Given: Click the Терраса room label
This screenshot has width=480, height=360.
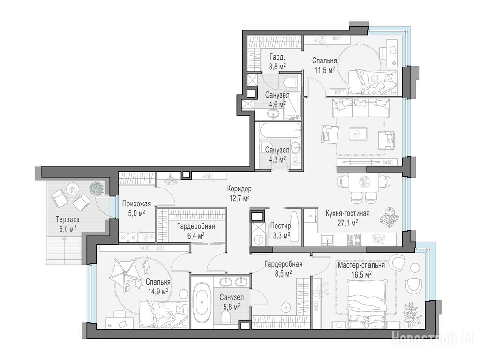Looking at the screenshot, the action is pos(67,219).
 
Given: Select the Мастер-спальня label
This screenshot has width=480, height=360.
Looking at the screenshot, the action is pos(361,264).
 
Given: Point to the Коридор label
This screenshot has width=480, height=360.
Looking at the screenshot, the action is pos(239,188).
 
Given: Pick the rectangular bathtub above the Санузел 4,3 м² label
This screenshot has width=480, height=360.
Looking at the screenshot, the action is pos(280,131).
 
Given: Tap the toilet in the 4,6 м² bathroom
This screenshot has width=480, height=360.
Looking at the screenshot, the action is pos(290,82).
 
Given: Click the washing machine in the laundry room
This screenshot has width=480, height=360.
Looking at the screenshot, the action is pos(258,240).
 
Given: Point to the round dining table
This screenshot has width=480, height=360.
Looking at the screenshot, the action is pos(364,182).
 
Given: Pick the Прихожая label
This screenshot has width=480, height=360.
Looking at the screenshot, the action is pos(136,204).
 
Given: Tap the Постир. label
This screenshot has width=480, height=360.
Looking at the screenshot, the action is pos(281,226).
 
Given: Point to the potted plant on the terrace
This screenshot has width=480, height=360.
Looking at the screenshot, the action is pos(97,189).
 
